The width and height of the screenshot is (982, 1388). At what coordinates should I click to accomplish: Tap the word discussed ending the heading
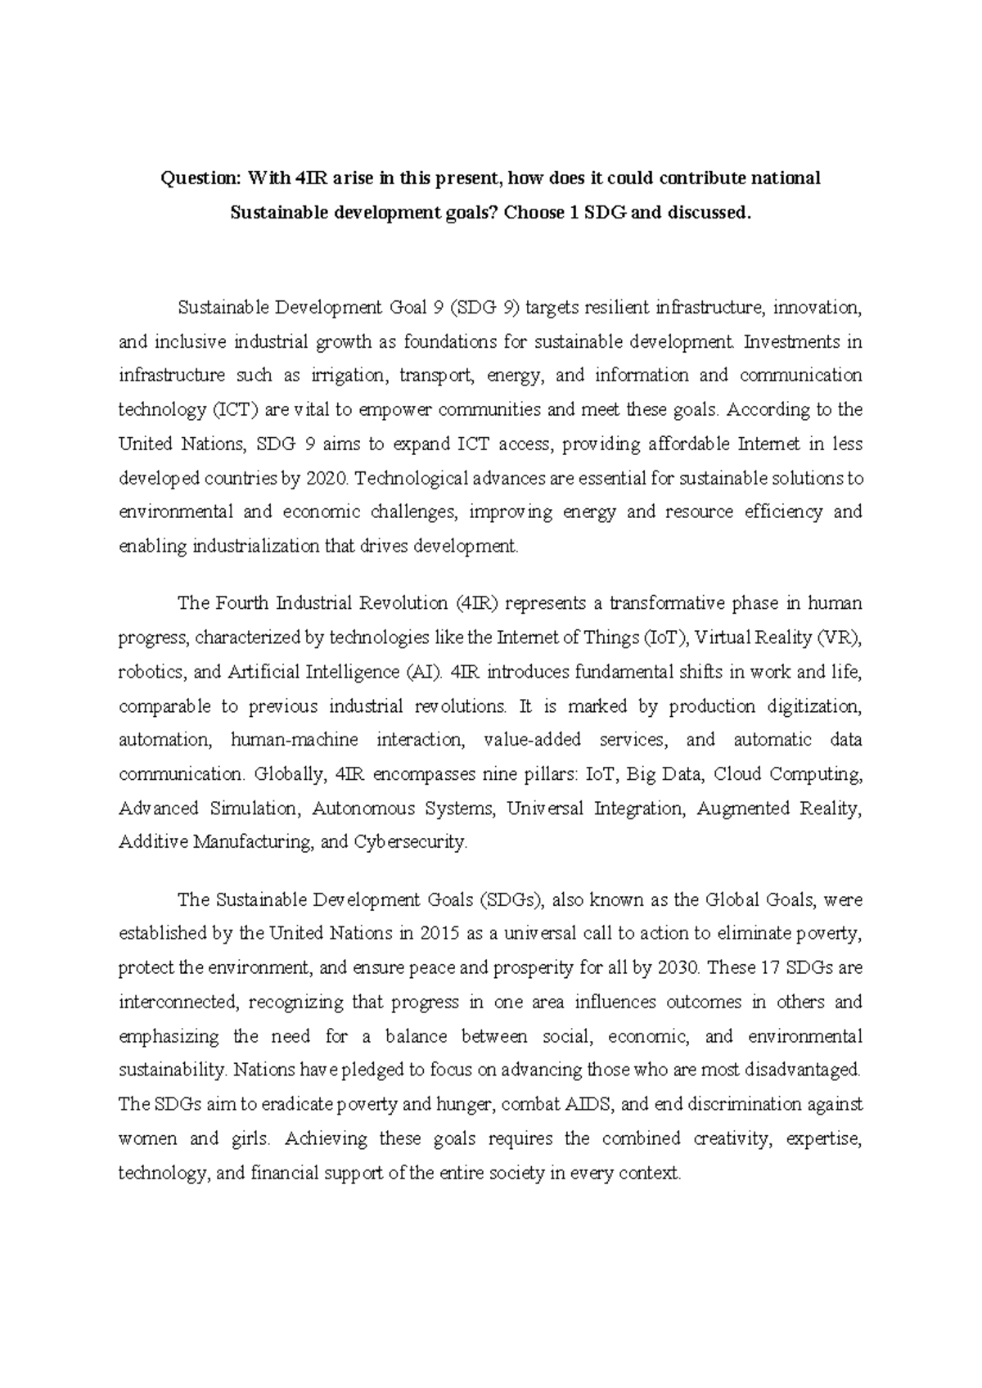point(708,213)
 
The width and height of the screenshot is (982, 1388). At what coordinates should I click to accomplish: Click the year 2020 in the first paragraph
point(326,478)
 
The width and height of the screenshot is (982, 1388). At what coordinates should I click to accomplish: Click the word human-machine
point(295,740)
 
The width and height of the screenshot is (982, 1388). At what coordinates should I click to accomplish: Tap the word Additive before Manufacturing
point(153,841)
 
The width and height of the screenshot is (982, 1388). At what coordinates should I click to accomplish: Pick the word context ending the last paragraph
point(651,1173)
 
